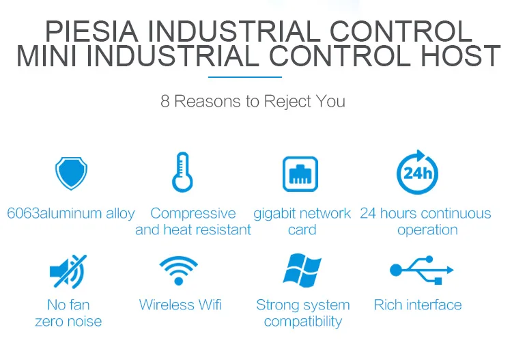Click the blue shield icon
coord(71,173)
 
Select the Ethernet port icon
coord(300,174)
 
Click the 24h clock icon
coord(417,172)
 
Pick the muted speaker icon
coord(68,271)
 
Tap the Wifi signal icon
coord(179,271)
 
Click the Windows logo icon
coord(302,270)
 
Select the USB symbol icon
coord(422,270)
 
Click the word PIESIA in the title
coord(91,31)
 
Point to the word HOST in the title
coord(460,55)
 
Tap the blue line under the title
coord(245,77)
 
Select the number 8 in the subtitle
coord(165,101)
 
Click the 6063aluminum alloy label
coord(71,214)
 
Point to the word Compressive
coord(193,214)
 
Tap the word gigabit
coord(272,214)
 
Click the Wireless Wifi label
coord(180,305)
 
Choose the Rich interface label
coord(418,305)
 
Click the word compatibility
coord(303,322)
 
